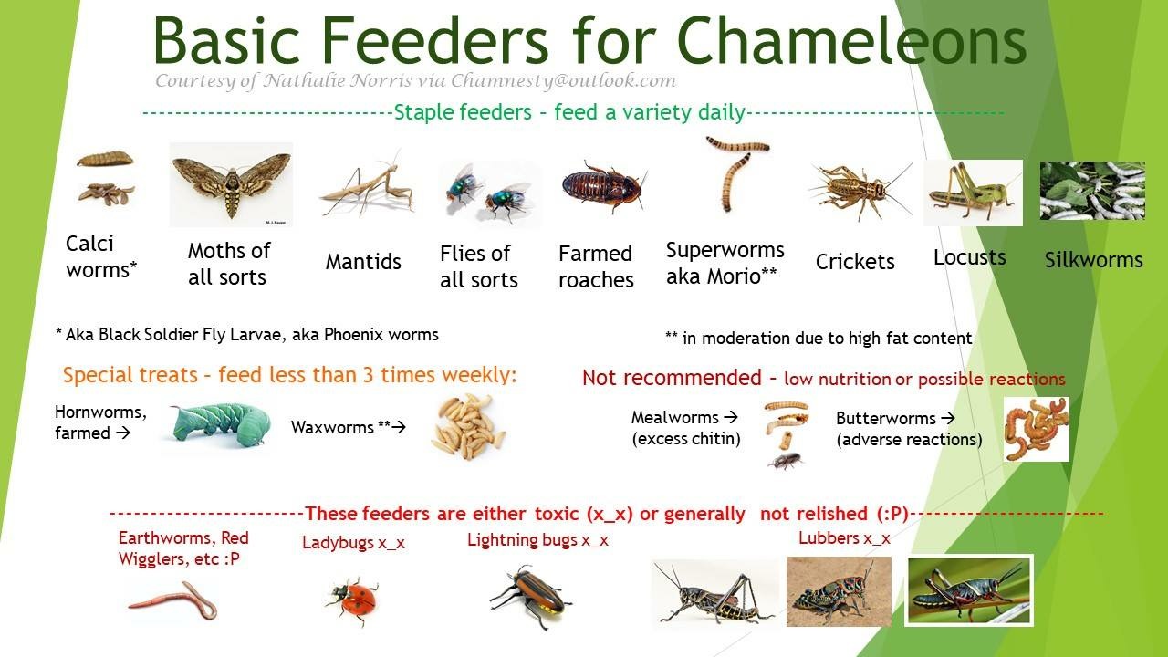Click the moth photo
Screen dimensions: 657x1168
coord(231,184)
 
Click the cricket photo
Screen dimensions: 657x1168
coord(858,190)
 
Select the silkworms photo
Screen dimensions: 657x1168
coord(1092,191)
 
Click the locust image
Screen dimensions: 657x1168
coord(972,193)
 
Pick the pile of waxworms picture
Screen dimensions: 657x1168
coord(467,426)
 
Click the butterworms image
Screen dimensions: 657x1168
coord(1036,428)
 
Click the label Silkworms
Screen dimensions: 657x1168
coord(1093,260)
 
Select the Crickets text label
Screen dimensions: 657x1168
coord(855,262)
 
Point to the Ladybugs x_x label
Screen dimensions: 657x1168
coord(353,543)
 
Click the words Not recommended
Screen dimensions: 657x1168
coord(672,378)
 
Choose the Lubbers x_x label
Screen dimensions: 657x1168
coord(844,538)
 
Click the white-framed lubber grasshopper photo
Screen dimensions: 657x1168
coord(969,590)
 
